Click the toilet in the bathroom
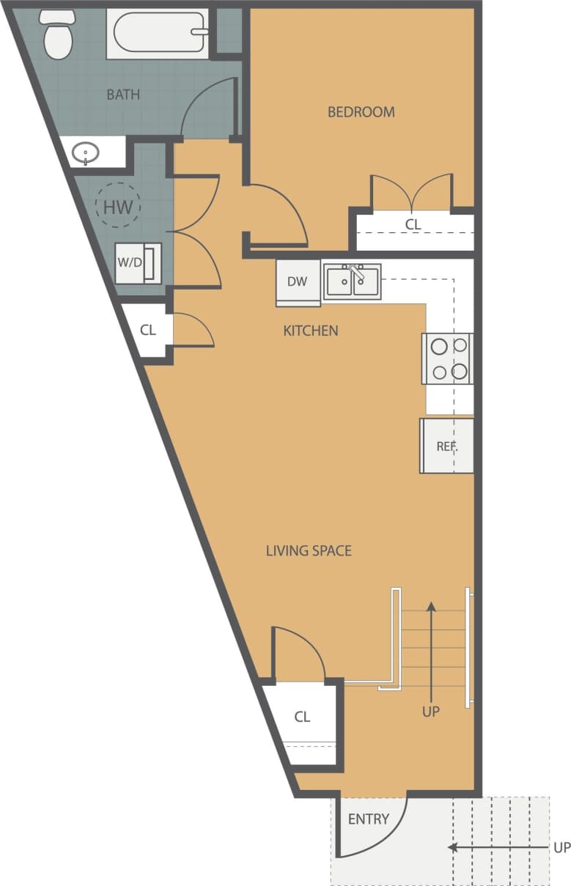[56, 35]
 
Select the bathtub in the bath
[158, 34]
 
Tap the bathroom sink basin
[86, 154]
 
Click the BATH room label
[123, 95]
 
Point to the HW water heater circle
[118, 207]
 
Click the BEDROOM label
[361, 112]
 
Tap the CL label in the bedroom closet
[413, 224]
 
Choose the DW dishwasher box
[297, 282]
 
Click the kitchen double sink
[353, 281]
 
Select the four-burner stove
[448, 358]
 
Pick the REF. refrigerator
[446, 446]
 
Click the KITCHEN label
[311, 331]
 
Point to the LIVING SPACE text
[309, 550]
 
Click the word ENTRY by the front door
[368, 819]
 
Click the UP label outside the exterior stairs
[561, 848]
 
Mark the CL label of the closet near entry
[302, 717]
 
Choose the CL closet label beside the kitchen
[148, 330]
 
